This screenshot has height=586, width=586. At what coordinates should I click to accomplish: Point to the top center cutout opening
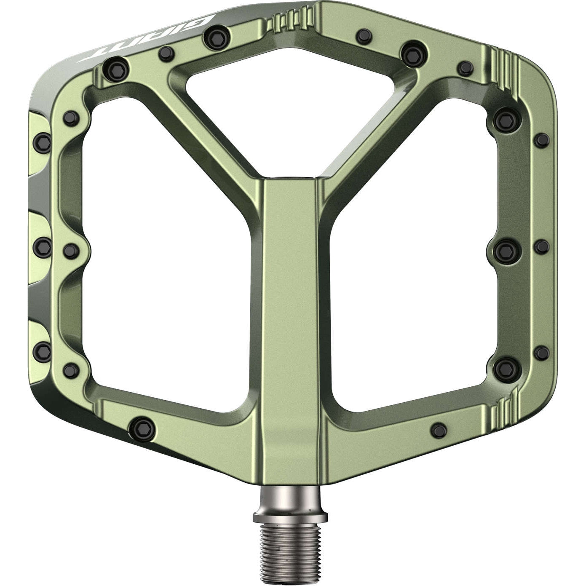[291, 101]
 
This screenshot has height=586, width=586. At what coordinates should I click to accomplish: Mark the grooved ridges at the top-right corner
[507, 67]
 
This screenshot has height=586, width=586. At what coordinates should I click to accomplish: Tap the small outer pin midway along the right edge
[542, 246]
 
